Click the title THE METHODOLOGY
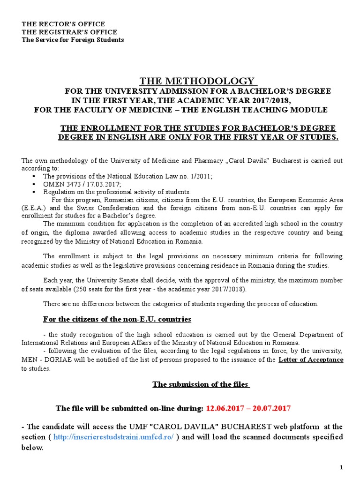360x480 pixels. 197,81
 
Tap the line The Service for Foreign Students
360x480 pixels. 73,40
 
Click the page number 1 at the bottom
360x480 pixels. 342,468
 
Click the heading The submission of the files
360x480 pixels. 201,384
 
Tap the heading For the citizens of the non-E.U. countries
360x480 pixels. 117,319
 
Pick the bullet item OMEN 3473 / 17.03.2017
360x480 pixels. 82,184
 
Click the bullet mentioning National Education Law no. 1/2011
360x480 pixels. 127,176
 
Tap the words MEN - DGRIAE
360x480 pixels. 44,360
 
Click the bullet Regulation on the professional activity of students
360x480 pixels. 117,192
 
